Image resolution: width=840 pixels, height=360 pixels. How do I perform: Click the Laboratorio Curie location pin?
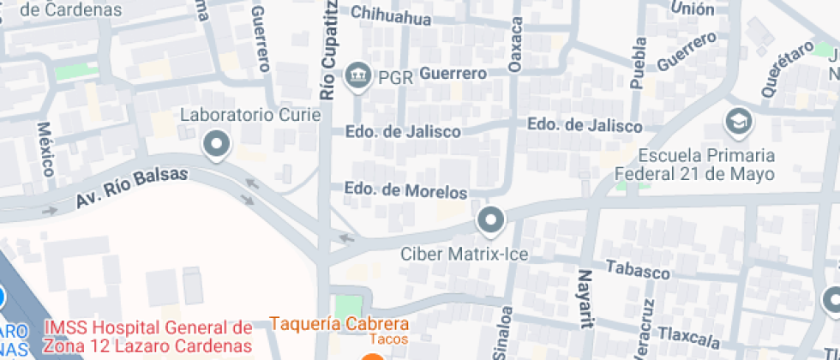tap(216, 144)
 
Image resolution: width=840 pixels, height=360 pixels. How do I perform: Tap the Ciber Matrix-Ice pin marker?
tap(490, 221)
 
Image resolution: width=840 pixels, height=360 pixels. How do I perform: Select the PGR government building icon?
tap(357, 77)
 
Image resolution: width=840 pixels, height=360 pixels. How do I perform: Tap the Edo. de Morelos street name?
tap(405, 189)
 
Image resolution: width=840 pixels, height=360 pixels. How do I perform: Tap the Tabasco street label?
tap(637, 270)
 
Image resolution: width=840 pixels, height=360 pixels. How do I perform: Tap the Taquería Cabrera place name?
tap(339, 324)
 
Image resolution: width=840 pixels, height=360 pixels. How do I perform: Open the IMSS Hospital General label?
tap(148, 336)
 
